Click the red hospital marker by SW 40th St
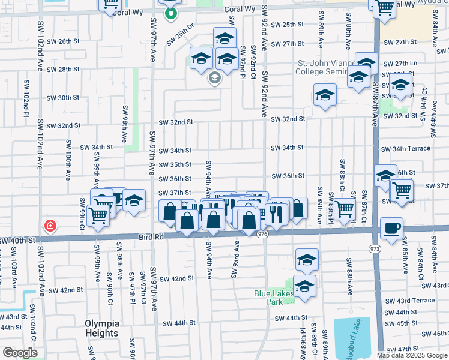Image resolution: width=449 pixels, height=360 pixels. point(50,226)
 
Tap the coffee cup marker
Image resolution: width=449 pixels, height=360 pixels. point(391,229)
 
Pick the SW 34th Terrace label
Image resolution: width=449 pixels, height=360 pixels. point(411,148)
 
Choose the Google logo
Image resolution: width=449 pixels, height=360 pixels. point(20,353)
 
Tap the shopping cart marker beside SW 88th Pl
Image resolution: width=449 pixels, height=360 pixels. point(344,209)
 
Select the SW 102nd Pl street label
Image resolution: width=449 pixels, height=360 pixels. point(27,95)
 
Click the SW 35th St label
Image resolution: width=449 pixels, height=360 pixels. point(175,164)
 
